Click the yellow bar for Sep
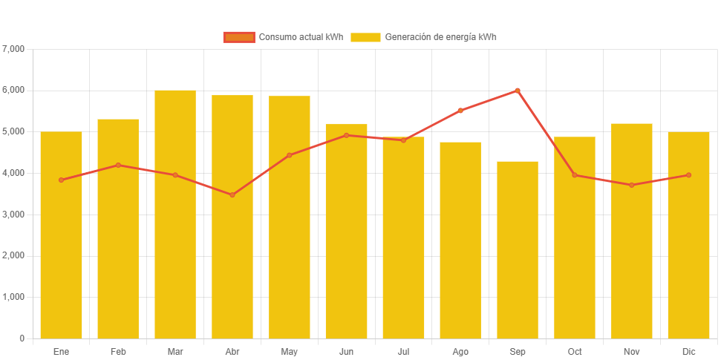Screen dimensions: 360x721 pos(518,249)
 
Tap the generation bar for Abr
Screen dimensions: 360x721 pos(232,216)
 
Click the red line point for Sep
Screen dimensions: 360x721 pos(518,91)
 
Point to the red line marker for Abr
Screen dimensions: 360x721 pos(232,195)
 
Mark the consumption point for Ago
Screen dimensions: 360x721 pos(460,111)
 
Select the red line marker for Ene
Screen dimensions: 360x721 pos(62,180)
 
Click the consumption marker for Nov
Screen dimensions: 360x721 pos(631,185)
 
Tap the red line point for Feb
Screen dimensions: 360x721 pos(118,165)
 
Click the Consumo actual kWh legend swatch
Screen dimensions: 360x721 pos(238,37)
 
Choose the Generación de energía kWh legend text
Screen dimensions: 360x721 pos(440,37)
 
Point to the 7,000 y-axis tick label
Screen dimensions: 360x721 pos(14,49)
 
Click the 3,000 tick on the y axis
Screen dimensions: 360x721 pos(14,215)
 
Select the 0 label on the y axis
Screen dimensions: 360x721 pos(22,338)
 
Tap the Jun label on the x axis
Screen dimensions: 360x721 pos(346,351)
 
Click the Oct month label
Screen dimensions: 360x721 pos(574,351)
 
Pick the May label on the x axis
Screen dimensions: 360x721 pos(290,351)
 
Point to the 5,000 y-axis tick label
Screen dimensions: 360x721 pos(14,131)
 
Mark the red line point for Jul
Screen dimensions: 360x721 pos(403,140)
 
